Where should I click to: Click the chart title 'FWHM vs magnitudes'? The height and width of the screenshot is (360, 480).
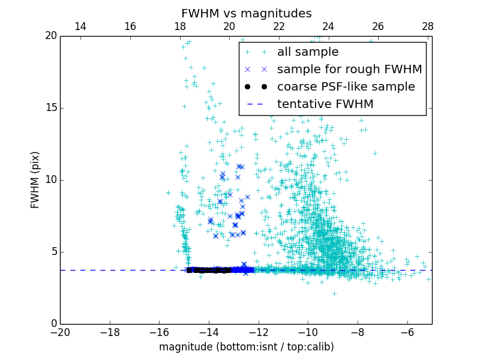click(x=246, y=13)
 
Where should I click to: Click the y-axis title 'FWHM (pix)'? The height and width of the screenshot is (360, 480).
click(x=35, y=180)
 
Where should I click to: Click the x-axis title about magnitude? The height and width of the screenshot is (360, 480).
click(x=246, y=347)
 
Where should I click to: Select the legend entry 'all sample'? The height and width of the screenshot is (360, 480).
click(x=307, y=52)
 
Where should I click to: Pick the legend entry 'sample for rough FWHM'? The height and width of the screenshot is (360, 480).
click(x=349, y=70)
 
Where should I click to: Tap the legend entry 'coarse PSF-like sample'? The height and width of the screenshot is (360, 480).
click(x=346, y=87)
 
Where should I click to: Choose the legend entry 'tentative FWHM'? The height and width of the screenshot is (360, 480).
click(x=325, y=104)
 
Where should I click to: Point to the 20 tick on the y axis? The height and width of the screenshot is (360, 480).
click(x=50, y=36)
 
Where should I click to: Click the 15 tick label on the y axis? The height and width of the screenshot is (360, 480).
click(x=50, y=108)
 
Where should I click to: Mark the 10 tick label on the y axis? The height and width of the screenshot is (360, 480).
click(x=50, y=180)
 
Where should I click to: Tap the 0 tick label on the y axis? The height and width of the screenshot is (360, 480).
click(x=53, y=324)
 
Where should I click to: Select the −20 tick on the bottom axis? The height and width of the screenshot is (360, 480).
click(x=60, y=332)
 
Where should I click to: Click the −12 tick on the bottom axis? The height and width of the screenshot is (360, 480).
click(x=259, y=332)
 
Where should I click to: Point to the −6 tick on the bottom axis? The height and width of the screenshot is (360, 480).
click(x=407, y=332)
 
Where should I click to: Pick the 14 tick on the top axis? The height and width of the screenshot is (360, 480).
click(x=80, y=26)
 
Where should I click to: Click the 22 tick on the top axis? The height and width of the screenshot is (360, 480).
click(x=279, y=26)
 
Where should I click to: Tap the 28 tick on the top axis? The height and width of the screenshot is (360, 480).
click(x=428, y=26)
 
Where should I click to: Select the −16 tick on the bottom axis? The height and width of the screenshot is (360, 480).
click(x=159, y=332)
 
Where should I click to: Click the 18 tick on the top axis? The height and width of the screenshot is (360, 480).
click(x=179, y=26)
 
